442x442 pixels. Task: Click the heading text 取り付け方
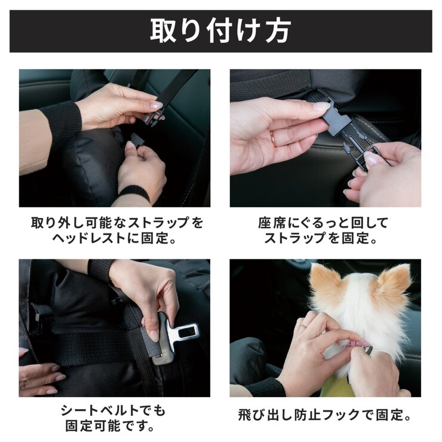pos(220,30)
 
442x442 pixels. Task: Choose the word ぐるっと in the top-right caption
pos(315,223)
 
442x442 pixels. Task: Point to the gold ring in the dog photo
pos(303,326)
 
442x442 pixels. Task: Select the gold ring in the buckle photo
pos(273,137)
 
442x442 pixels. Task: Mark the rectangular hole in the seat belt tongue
pos(186,329)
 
